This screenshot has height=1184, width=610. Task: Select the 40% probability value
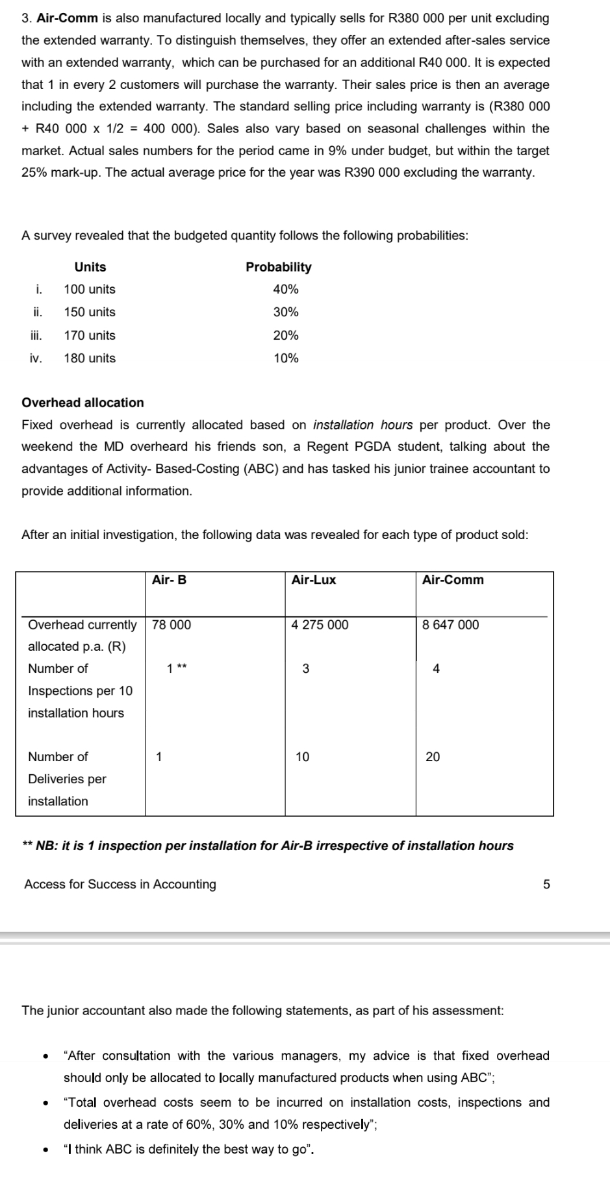point(286,289)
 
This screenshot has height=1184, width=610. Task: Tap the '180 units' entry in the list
point(90,358)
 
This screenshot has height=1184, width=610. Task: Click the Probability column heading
point(278,267)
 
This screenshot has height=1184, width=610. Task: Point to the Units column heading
point(90,267)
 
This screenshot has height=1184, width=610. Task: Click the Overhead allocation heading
point(83,403)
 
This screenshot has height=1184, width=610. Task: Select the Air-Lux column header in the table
point(314,580)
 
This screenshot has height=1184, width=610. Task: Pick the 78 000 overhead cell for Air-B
point(172,625)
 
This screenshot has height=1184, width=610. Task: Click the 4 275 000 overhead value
point(320,625)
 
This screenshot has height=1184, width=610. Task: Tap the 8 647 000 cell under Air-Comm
point(450,625)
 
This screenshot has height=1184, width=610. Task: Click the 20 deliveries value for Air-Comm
point(433,757)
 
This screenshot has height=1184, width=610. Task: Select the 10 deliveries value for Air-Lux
point(303,757)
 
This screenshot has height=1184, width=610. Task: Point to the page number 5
point(546,884)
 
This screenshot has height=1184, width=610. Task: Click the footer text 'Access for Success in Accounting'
point(120,884)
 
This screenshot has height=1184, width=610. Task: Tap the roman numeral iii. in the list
point(36,335)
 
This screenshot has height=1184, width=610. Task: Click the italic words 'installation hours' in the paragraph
point(362,425)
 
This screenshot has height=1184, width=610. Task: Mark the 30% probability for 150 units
point(286,312)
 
